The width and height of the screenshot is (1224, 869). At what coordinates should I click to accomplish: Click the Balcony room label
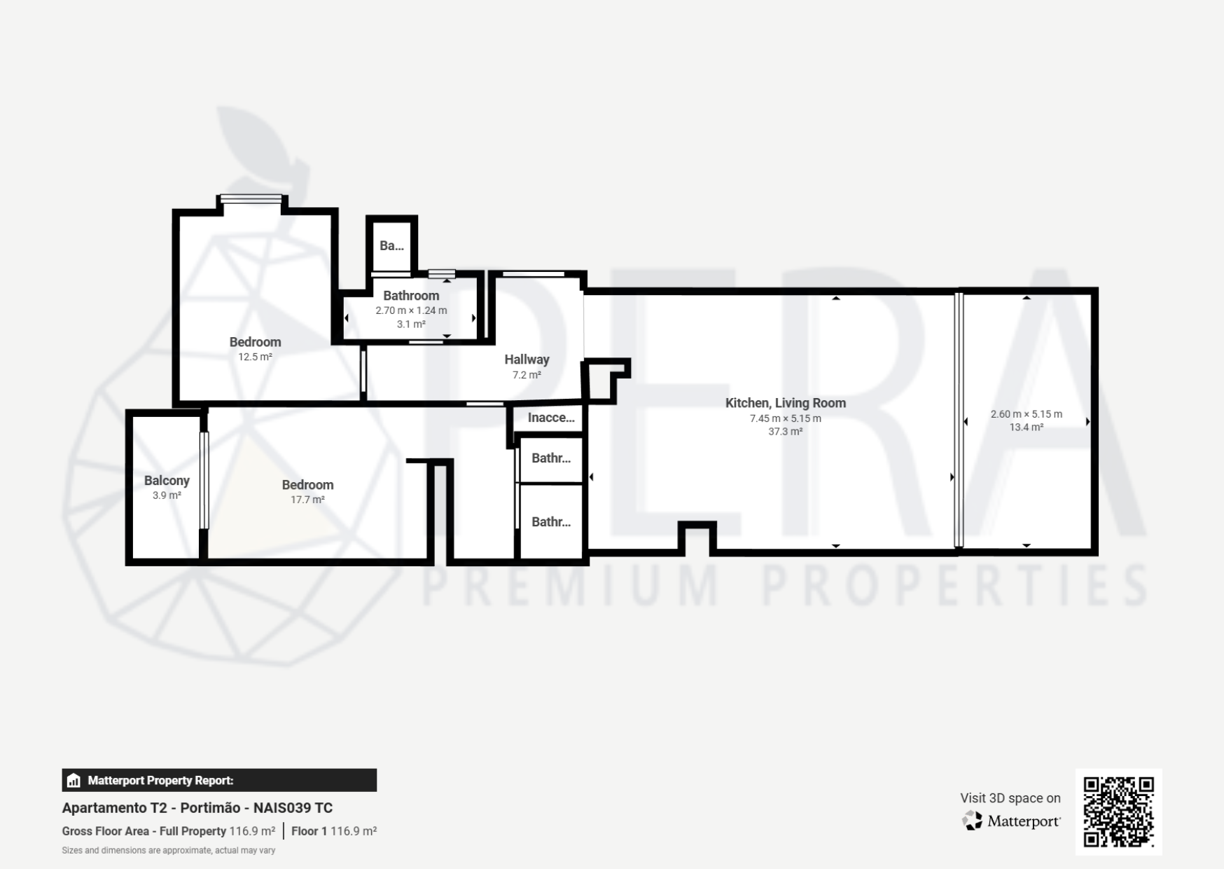(x=167, y=481)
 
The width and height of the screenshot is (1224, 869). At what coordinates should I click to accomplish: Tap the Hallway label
(x=527, y=360)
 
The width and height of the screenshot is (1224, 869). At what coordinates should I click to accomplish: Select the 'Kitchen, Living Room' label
(x=786, y=403)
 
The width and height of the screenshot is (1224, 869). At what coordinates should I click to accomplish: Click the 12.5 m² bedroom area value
(x=255, y=357)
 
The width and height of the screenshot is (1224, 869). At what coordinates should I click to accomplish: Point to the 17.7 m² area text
(x=307, y=500)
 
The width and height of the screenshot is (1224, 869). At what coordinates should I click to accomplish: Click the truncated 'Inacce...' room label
(x=551, y=418)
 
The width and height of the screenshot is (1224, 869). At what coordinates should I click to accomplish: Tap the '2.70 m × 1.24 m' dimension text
(x=411, y=310)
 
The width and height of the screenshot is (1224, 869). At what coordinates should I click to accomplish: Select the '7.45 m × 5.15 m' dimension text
(x=786, y=418)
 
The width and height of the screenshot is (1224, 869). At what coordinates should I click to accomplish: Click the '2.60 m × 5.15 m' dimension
(x=1027, y=414)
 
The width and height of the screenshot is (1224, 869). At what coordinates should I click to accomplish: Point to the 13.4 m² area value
(x=1027, y=427)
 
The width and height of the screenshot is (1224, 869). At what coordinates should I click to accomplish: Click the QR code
(x=1118, y=812)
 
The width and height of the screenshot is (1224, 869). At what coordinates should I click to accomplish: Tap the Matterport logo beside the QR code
(x=1011, y=821)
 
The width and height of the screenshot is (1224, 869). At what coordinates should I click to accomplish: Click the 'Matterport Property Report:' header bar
(x=219, y=780)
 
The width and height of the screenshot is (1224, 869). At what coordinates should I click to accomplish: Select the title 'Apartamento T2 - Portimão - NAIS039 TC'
(x=197, y=808)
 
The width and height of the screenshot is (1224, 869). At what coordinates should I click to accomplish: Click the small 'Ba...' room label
(x=391, y=245)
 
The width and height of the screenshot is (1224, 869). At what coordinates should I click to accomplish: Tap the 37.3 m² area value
(x=786, y=432)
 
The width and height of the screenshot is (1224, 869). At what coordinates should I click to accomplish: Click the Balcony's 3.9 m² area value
(x=167, y=495)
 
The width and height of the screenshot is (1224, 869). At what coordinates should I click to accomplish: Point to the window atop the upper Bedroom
(x=251, y=199)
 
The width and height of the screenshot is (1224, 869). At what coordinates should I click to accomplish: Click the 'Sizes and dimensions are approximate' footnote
(x=169, y=851)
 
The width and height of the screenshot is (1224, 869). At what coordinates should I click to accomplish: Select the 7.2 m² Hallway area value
(x=527, y=375)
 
